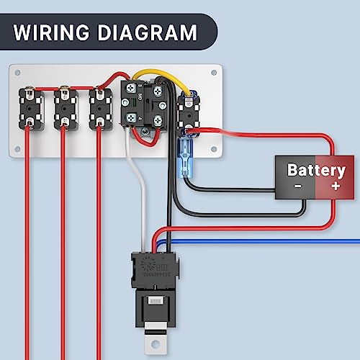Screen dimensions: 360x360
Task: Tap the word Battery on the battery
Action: point(316,171)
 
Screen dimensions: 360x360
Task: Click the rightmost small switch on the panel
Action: point(188,109)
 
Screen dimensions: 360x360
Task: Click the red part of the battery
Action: point(333,176)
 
